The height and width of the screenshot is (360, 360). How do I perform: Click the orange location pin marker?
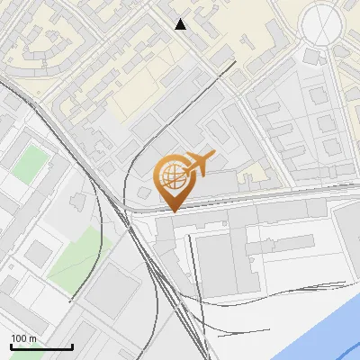click(171, 180)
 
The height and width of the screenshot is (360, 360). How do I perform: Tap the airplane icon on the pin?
click(198, 164)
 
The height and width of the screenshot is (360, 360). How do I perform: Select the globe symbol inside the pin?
click(171, 175)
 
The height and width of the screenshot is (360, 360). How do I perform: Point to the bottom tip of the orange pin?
click(171, 211)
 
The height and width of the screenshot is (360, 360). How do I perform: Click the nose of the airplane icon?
click(213, 154)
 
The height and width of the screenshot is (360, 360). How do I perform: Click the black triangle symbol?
click(181, 24)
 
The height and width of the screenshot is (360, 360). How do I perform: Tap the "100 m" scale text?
click(23, 338)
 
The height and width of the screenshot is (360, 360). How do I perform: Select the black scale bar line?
click(41, 347)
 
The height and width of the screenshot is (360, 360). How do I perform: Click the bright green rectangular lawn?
click(32, 162)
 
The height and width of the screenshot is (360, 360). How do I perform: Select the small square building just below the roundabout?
click(313, 58)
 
